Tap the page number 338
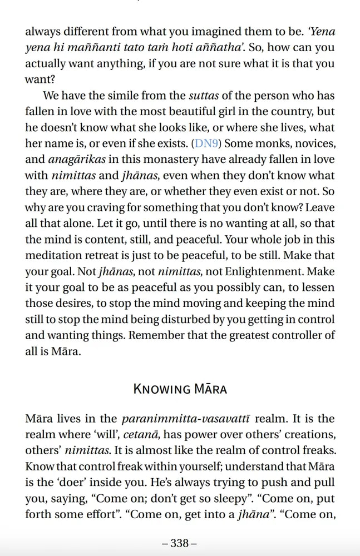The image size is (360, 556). coord(179,543)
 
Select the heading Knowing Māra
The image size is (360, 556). coord(180,388)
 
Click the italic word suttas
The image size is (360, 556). coord(204,96)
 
